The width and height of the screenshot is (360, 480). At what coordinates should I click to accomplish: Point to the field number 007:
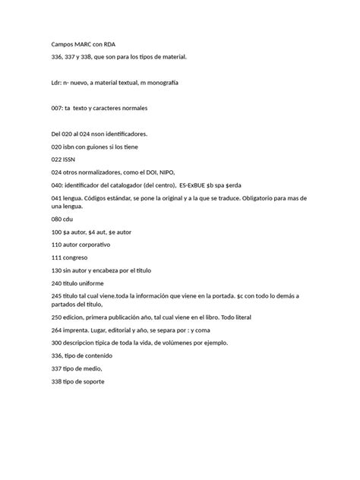point(58,109)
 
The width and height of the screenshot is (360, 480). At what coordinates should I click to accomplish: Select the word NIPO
point(174,172)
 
